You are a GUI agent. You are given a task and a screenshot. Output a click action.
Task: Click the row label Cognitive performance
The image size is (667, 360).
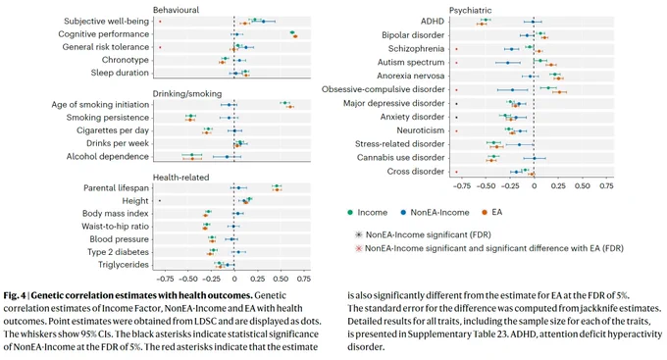[x=103, y=34]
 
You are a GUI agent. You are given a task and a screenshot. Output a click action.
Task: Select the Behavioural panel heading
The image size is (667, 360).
[x=176, y=10]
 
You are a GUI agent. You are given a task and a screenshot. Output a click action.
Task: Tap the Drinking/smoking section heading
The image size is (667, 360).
[x=187, y=93]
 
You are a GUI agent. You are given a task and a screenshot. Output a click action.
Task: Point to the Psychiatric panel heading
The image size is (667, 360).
[x=470, y=10]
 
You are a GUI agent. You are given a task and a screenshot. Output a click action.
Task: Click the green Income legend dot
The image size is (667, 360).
[x=350, y=212]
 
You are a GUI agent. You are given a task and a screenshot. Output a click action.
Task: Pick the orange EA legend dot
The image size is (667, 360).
[x=485, y=212]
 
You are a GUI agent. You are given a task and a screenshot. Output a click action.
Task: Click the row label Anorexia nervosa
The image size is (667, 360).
[x=410, y=76]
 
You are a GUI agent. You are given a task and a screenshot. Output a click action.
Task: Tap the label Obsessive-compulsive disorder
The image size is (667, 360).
[x=383, y=89]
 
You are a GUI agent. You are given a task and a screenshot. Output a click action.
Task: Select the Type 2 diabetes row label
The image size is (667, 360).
[x=118, y=252]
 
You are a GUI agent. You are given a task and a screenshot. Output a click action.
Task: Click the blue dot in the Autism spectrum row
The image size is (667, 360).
[x=507, y=63]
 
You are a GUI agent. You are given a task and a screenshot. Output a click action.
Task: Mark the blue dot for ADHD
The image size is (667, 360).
[x=533, y=22]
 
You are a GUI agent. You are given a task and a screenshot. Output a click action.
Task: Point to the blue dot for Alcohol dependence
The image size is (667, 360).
[x=227, y=157]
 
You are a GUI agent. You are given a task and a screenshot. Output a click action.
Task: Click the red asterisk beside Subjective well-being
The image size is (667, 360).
[x=160, y=22]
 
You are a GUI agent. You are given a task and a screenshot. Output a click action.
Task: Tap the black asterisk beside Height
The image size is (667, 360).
[x=160, y=201]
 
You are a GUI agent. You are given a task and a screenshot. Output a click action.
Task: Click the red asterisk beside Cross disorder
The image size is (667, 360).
[x=456, y=172]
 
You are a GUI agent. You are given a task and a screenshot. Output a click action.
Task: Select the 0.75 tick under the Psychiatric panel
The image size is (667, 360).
[x=606, y=186]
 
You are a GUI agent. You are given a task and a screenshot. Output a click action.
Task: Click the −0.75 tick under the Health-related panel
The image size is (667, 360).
[x=164, y=279]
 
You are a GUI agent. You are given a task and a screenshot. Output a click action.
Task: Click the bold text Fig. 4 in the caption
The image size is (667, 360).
[x=15, y=295]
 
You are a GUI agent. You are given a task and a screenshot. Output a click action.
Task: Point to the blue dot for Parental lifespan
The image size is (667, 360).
[x=238, y=187]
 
